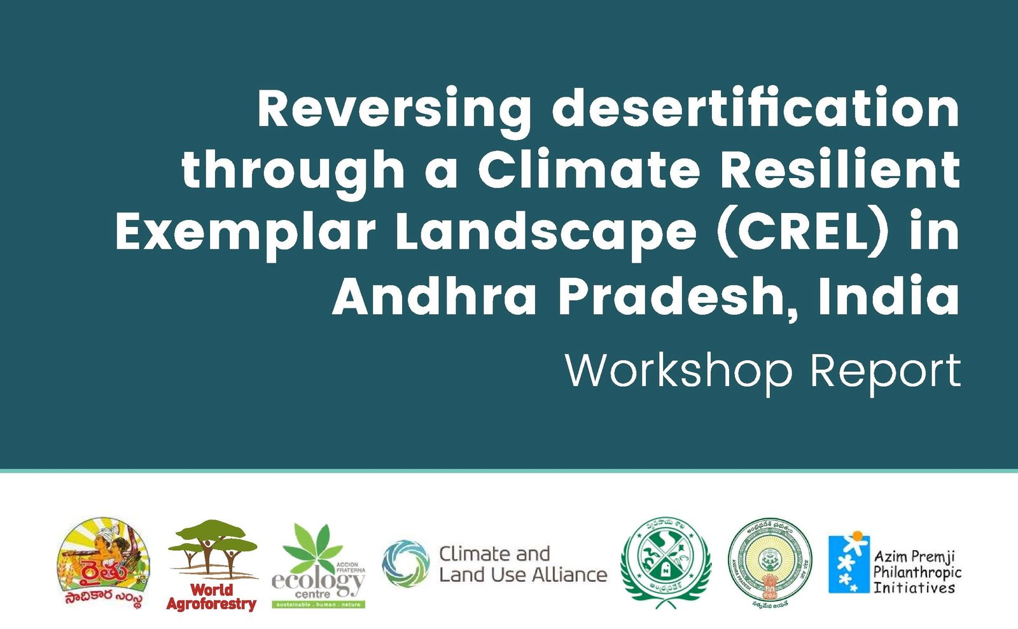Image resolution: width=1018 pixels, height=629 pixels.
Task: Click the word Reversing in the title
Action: [394, 109]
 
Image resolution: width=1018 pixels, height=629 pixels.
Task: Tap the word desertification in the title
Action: [755, 108]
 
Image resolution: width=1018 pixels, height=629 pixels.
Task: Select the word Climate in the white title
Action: [589, 170]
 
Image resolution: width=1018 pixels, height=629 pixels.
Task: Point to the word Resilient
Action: [840, 170]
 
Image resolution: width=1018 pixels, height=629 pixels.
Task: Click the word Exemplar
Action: [245, 233]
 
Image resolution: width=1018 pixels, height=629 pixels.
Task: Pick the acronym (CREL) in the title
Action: [802, 232]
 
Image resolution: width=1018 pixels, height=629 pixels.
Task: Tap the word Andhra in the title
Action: [435, 296]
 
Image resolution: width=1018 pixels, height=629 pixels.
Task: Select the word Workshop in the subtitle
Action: [678, 371]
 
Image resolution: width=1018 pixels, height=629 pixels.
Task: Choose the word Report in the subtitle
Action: [885, 371]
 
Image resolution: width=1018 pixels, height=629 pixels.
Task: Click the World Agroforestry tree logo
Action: [212, 549]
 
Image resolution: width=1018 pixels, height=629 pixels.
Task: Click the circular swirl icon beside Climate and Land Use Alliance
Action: [405, 563]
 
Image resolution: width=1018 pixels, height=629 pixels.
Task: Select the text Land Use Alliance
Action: [523, 575]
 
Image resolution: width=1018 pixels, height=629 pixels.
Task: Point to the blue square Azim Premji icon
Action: [848, 563]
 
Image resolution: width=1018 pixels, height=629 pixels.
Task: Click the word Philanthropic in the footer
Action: [917, 572]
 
